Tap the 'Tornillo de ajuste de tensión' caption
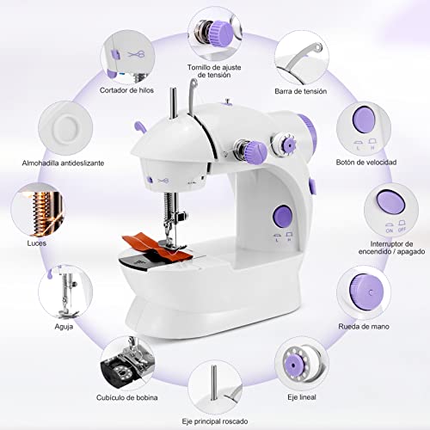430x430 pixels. tap(214, 71)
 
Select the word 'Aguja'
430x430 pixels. tap(64, 326)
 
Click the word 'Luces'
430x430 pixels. tap(37, 243)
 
